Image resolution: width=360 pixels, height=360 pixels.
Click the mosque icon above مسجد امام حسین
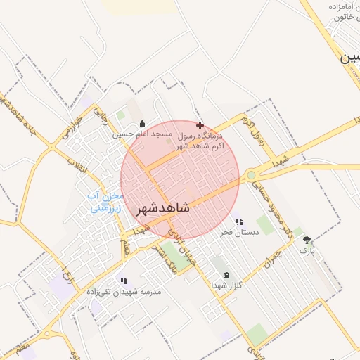(x=142, y=123)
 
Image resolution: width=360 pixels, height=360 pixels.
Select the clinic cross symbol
(x=200, y=124)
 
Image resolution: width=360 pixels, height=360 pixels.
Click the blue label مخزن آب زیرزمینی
(x=106, y=201)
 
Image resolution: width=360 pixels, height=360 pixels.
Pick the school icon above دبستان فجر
(x=239, y=221)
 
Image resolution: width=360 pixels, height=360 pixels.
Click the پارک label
(x=307, y=250)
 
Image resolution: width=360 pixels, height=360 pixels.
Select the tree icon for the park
(x=306, y=240)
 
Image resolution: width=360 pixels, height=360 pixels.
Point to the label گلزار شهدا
(x=226, y=285)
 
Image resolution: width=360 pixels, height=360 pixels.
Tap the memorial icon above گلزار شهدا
(x=226, y=275)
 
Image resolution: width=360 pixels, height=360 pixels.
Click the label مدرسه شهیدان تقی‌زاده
(x=124, y=291)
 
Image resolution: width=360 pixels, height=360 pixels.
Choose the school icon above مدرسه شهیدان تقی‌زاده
(x=124, y=281)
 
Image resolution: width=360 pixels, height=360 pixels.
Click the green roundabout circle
(x=251, y=175)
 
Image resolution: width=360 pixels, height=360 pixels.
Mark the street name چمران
(x=272, y=261)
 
